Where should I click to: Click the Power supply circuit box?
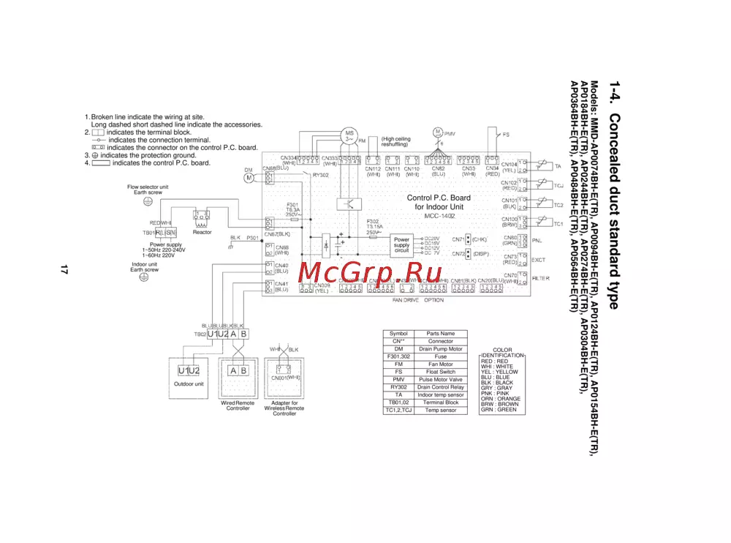402,245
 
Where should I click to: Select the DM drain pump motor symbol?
249,176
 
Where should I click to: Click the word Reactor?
202,233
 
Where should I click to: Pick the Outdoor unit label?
189,383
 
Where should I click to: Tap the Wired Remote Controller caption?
238,405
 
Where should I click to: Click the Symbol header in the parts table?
398,334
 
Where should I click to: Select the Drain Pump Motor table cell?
441,349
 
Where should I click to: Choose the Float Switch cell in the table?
441,372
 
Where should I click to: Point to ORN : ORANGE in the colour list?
501,399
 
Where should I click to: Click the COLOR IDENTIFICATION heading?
502,353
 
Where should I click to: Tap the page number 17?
64,271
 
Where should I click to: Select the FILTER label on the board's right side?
541,278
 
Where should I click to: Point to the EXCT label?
538,260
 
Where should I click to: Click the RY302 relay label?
320,176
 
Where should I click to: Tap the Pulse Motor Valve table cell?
441,380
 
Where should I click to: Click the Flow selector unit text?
148,187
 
